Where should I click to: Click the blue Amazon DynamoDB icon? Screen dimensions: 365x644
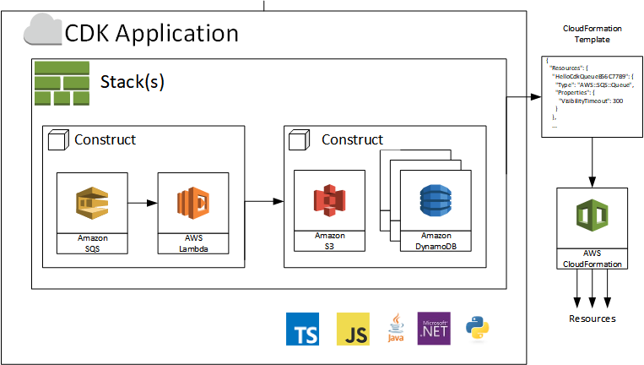[436, 204]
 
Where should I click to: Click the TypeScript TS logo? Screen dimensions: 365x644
[303, 330]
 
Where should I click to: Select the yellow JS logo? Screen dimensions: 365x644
[353, 330]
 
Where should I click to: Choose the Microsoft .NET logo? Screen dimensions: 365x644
[434, 329]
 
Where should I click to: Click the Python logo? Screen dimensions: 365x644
[477, 330]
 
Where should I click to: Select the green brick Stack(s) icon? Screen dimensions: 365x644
[57, 83]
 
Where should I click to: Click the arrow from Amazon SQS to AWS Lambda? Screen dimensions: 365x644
[143, 204]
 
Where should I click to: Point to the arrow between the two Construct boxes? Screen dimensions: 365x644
[264, 202]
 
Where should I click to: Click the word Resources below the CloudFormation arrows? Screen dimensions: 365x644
[591, 319]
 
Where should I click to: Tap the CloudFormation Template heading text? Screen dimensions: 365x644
[586, 34]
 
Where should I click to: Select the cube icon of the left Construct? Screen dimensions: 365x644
[57, 141]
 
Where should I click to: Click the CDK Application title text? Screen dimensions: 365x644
[152, 33]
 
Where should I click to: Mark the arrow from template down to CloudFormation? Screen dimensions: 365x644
[591, 161]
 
